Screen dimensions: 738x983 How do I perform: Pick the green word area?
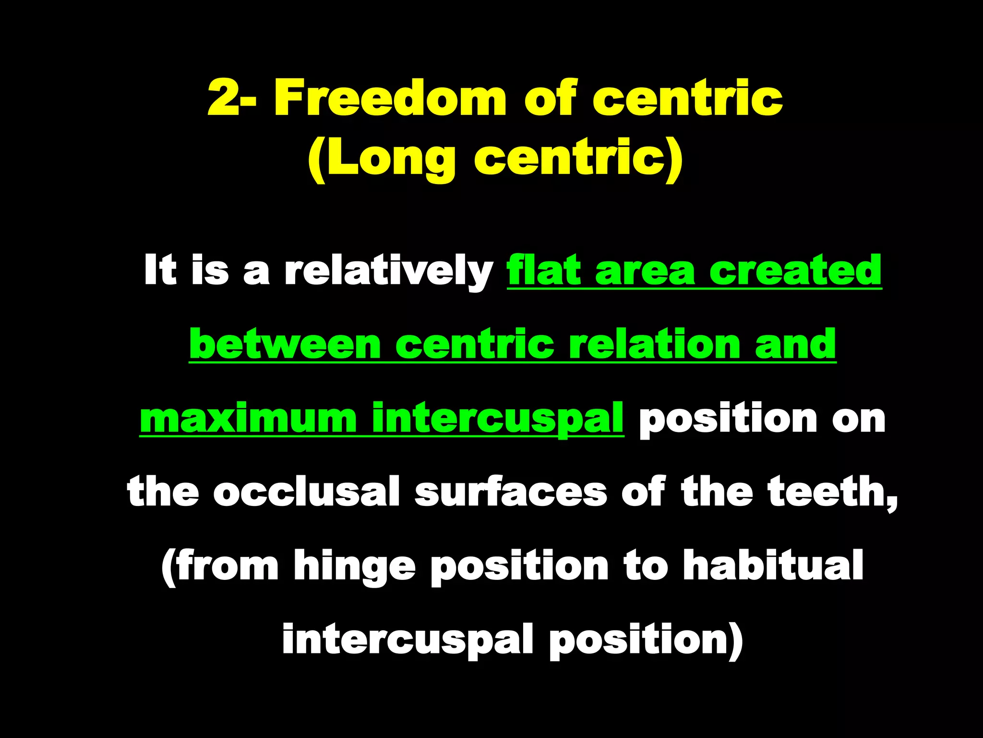click(645, 271)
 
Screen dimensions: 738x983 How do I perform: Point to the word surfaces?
click(511, 492)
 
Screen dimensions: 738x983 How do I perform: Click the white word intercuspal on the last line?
click(408, 640)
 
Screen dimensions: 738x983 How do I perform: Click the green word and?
click(795, 344)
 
